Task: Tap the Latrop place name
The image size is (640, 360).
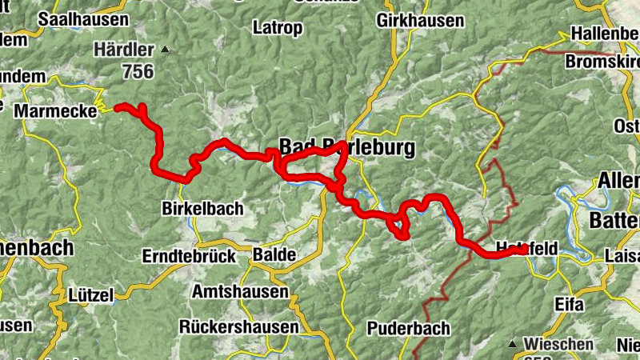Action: pyautogui.click(x=278, y=28)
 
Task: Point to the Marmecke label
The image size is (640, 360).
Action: pyautogui.click(x=54, y=109)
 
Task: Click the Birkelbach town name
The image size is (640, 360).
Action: pyautogui.click(x=203, y=208)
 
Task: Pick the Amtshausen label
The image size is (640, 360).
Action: pyautogui.click(x=240, y=292)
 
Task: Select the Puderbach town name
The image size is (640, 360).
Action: pyautogui.click(x=409, y=328)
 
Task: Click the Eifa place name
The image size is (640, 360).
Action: pyautogui.click(x=569, y=305)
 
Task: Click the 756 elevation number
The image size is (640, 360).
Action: pyautogui.click(x=138, y=71)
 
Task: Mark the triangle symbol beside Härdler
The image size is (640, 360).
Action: pyautogui.click(x=166, y=50)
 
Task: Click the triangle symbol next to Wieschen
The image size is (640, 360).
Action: pyautogui.click(x=514, y=344)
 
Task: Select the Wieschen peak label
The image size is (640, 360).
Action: pyautogui.click(x=559, y=345)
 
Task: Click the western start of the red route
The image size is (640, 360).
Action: pyautogui.click(x=117, y=106)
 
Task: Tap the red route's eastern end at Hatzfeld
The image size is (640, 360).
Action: pyautogui.click(x=525, y=250)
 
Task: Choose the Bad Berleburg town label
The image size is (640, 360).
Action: pyautogui.click(x=347, y=147)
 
